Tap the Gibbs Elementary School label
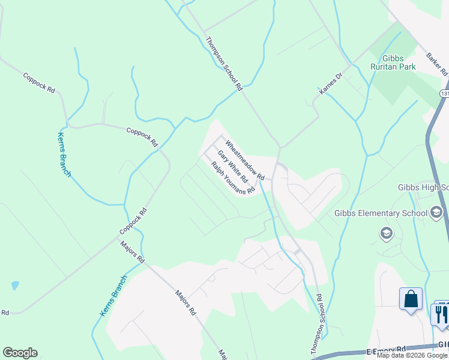point(381,213)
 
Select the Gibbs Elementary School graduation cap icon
point(436,212)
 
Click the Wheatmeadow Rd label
point(245,160)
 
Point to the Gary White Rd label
point(232,166)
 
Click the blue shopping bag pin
point(411,299)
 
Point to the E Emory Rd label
point(385,349)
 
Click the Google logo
point(20,353)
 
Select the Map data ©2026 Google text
point(412,355)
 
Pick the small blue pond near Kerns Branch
point(15,286)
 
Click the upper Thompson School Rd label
point(223,64)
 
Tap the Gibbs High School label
point(423,187)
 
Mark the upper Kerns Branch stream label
point(64,154)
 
